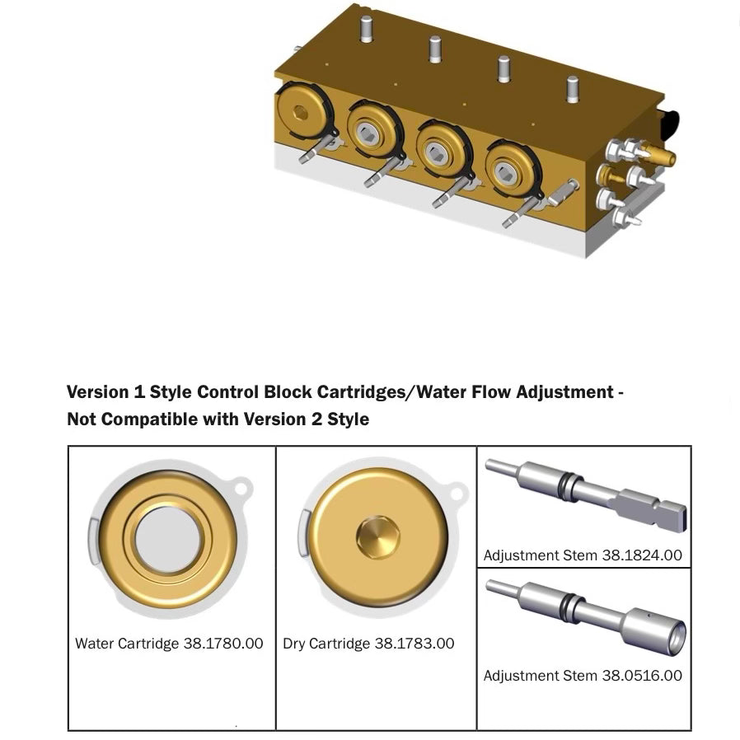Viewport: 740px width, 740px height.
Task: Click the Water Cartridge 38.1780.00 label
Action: point(169,644)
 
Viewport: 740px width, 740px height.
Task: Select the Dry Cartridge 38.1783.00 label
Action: point(368,644)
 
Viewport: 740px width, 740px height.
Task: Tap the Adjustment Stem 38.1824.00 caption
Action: point(583,555)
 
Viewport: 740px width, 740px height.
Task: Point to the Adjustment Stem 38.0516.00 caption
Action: point(583,676)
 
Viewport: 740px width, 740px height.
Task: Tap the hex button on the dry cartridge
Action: point(377,537)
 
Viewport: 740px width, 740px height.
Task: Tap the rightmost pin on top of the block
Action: point(573,89)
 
